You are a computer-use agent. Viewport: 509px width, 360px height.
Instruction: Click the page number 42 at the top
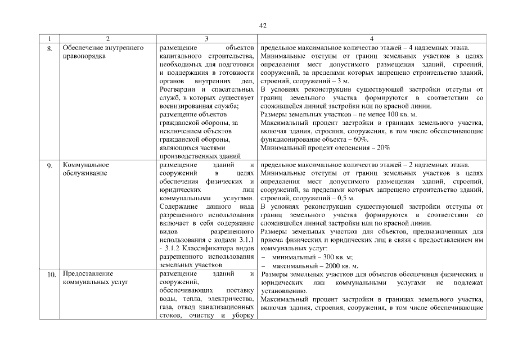click(x=263, y=25)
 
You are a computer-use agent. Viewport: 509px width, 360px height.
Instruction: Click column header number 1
click(x=50, y=39)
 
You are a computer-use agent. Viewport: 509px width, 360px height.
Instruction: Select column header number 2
click(x=107, y=39)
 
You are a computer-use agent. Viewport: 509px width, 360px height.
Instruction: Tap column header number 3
click(x=207, y=39)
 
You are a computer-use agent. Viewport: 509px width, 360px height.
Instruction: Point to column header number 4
click(x=371, y=39)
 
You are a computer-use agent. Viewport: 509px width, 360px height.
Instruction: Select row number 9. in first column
click(x=50, y=166)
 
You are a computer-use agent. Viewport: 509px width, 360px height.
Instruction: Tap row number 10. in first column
click(x=51, y=276)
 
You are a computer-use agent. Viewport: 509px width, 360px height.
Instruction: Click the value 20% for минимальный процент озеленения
click(x=384, y=147)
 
